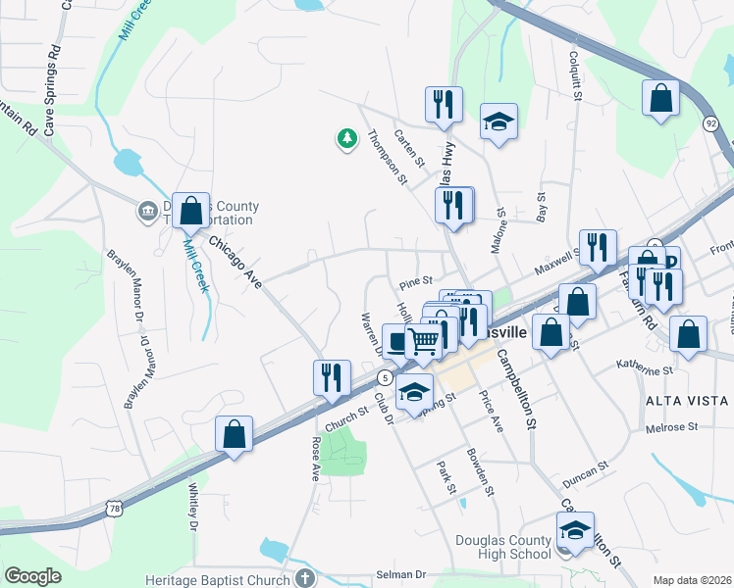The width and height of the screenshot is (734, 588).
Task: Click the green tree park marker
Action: coord(346,139)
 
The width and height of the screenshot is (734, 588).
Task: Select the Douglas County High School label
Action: coord(503,547)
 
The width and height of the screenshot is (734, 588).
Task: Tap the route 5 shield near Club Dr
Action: coord(386,377)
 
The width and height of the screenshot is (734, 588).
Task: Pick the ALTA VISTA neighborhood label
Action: coord(686,401)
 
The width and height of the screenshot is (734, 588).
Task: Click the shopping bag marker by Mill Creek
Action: coord(191,211)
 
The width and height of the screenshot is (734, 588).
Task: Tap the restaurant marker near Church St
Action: coord(332,377)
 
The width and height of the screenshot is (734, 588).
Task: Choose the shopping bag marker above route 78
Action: coord(235,434)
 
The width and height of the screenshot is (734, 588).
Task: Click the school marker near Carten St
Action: coord(498,122)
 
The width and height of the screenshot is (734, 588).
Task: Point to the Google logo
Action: coord(32,575)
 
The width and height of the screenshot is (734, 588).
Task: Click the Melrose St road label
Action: coord(671,427)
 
